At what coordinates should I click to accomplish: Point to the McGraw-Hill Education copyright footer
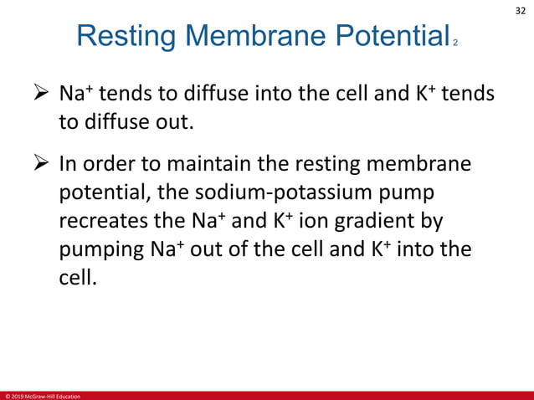click(42, 395)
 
